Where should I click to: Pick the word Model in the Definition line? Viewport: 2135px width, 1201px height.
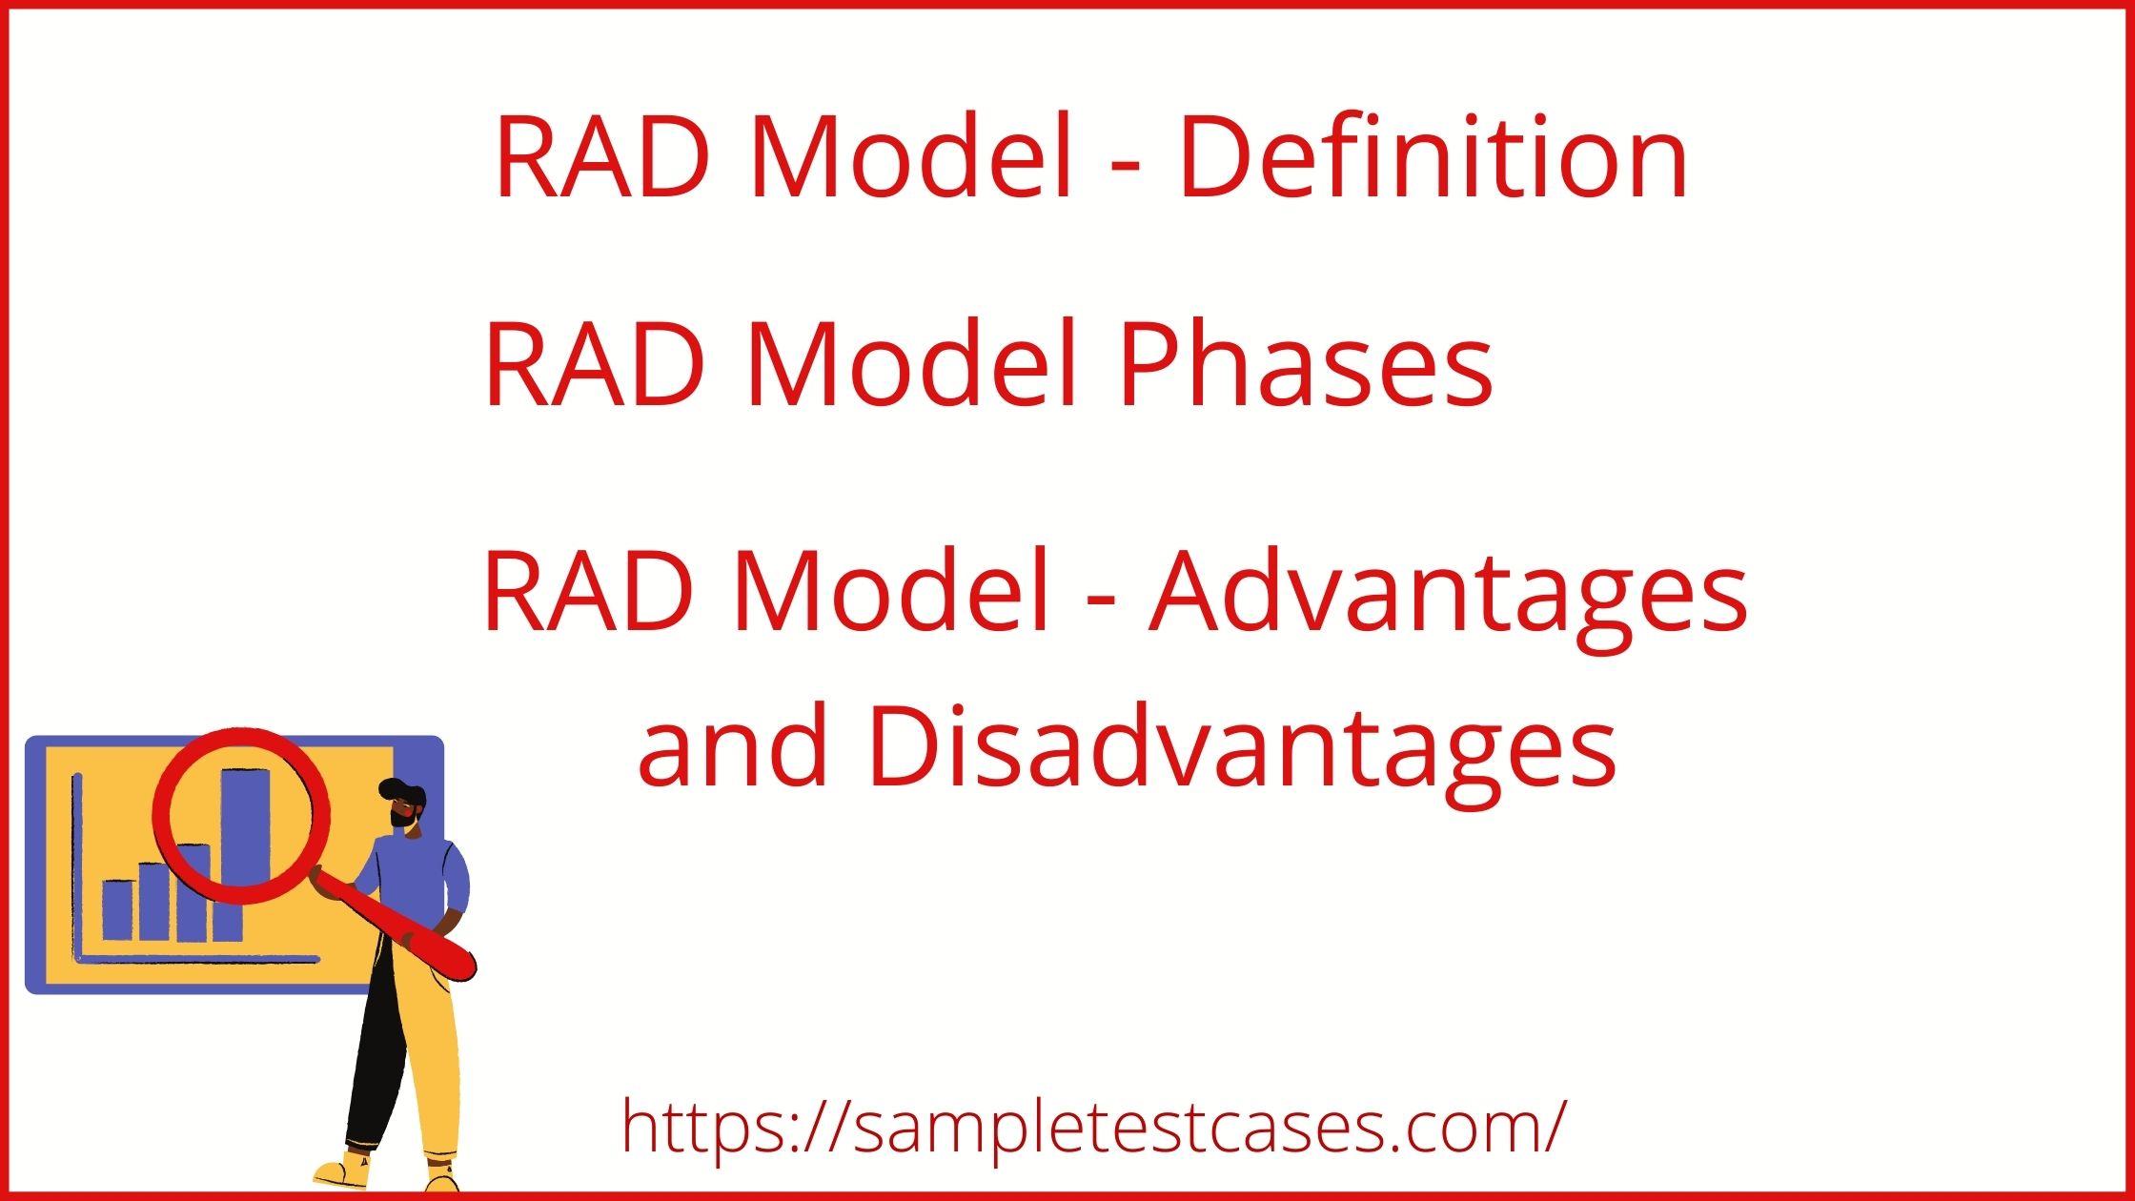[x=912, y=157]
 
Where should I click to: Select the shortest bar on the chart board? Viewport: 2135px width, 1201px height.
[x=118, y=910]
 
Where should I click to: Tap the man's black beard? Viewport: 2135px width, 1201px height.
[x=402, y=818]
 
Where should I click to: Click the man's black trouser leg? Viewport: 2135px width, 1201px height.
[x=376, y=1058]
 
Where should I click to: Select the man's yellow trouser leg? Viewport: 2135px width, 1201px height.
[x=434, y=1058]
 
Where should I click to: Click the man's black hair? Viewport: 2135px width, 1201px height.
[x=400, y=789]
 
